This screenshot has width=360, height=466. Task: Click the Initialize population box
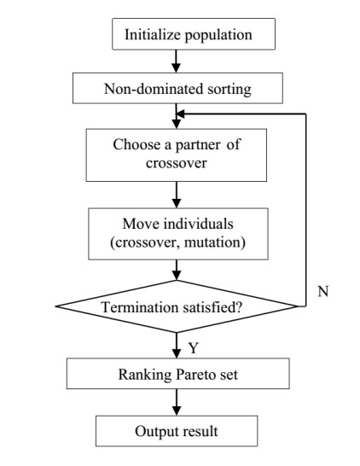coord(177,35)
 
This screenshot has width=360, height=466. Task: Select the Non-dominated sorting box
coord(176,87)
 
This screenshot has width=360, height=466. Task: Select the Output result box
coord(177,431)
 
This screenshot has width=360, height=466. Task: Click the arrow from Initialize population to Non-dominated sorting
coord(176,61)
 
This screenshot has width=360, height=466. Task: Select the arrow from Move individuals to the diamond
coord(176,269)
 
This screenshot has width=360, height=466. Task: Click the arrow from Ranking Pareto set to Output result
coord(176,401)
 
